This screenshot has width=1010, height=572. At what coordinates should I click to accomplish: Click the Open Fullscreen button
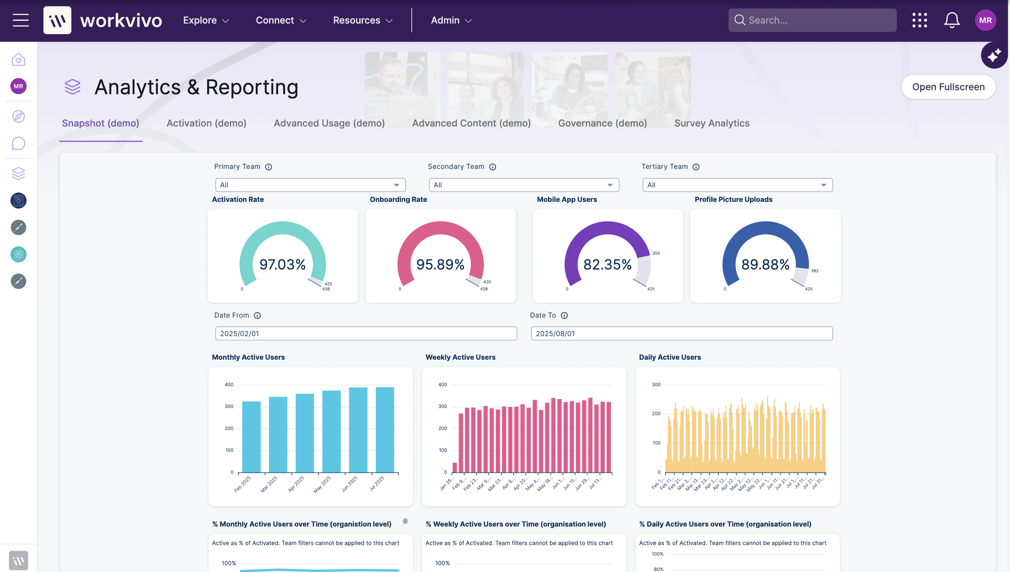[948, 87]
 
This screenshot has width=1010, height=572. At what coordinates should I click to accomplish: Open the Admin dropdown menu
[451, 21]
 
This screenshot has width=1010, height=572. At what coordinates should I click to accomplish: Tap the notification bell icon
[951, 21]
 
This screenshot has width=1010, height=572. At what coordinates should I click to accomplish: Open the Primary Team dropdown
[310, 185]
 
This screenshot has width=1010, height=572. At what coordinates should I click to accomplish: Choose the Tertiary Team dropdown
[737, 185]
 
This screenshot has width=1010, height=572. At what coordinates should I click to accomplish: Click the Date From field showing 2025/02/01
[366, 333]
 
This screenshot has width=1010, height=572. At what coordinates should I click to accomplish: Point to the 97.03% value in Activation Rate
[282, 264]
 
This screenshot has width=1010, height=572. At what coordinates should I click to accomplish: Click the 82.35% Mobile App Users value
[607, 264]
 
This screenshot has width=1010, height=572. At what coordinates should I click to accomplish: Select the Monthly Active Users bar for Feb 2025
[251, 437]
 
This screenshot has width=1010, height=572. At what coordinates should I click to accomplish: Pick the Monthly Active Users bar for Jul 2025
[384, 430]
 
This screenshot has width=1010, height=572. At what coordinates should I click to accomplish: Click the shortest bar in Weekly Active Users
[455, 467]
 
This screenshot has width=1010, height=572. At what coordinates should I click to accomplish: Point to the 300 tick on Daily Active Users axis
[656, 385]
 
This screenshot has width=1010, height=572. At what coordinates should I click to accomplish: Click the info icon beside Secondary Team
[493, 167]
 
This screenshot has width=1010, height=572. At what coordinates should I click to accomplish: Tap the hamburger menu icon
[21, 21]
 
